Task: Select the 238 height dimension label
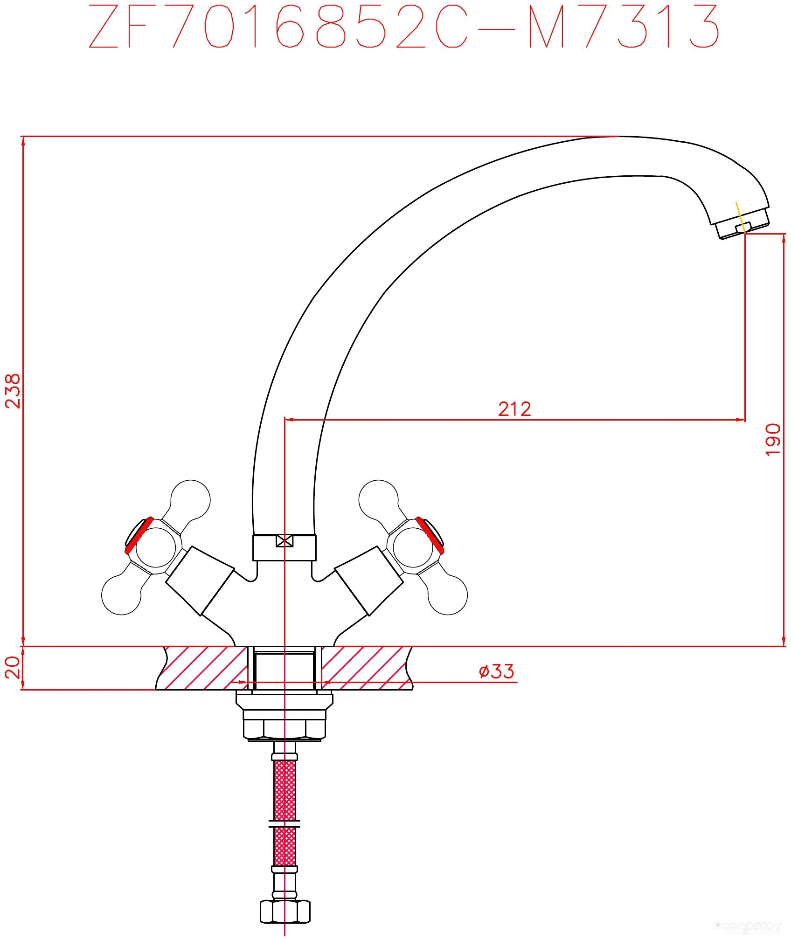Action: click(x=14, y=391)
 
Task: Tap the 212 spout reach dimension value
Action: click(x=514, y=408)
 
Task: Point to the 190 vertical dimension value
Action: click(x=772, y=440)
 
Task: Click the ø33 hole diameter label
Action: click(x=497, y=671)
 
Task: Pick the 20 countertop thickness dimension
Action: click(x=14, y=668)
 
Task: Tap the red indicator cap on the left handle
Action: click(x=139, y=534)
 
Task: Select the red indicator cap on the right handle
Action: click(x=430, y=534)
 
